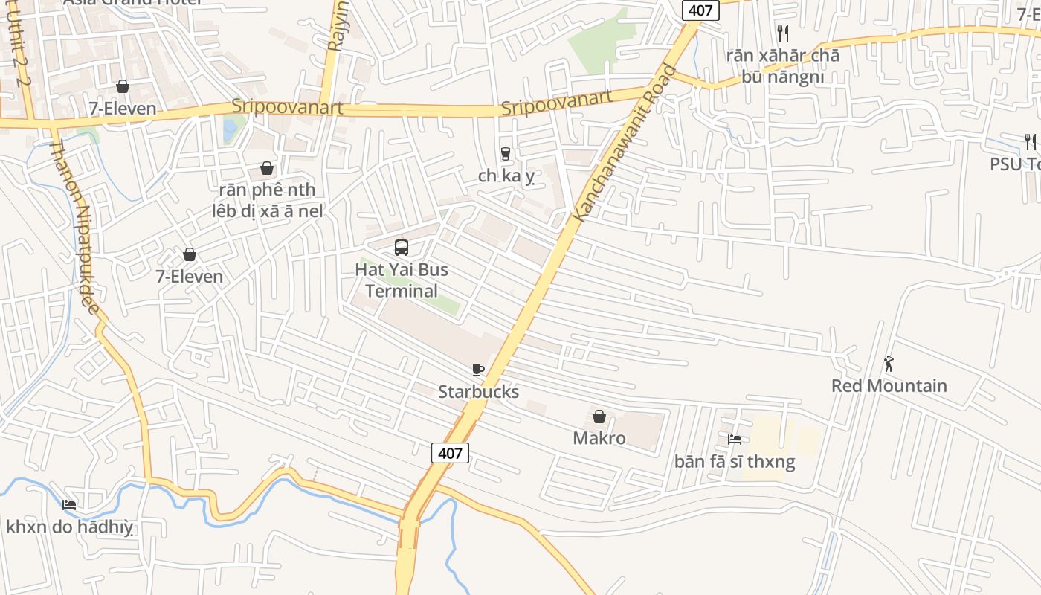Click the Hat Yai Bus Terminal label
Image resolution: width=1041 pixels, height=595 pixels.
[x=402, y=280]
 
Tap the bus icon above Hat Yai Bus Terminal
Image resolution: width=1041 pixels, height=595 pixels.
[x=402, y=248]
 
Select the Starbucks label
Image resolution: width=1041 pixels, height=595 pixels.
[x=478, y=392]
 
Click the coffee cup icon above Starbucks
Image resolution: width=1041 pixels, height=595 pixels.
[x=478, y=370]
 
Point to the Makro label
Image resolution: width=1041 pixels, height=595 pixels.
[x=599, y=438]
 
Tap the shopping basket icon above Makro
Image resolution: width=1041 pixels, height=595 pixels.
[x=599, y=416]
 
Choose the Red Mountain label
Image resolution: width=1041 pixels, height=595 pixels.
[x=889, y=386]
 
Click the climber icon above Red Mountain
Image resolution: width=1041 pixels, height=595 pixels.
[x=889, y=364]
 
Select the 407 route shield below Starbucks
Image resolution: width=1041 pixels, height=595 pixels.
[x=450, y=452]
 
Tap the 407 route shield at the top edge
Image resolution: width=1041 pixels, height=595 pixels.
[x=700, y=10]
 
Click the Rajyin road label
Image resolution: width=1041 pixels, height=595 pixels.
[x=338, y=30]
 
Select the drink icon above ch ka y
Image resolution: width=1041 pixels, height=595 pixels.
[x=506, y=154]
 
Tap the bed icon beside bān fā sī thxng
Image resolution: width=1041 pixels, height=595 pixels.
[x=735, y=440]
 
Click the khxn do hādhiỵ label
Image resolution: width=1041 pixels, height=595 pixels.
[x=69, y=527]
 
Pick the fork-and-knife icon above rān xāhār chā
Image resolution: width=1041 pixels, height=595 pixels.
[x=782, y=33]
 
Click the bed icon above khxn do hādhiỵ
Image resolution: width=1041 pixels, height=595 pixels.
[x=69, y=505]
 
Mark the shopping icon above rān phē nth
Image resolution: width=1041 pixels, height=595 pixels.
[x=267, y=169]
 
